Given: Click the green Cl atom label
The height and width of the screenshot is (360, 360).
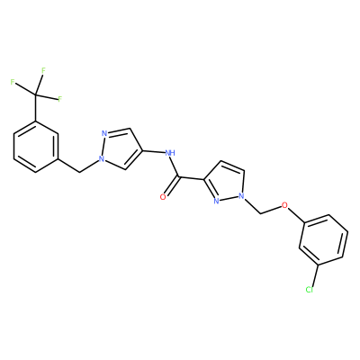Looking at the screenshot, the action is coord(309,290).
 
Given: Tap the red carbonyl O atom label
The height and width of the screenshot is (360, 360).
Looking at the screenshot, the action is coord(163,197).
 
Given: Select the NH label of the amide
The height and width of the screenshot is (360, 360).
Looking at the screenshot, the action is coord(170,153).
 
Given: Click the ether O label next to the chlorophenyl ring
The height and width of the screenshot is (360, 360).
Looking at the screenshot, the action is coord(284,205).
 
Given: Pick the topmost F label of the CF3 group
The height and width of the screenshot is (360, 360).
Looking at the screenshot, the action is coord(43,71).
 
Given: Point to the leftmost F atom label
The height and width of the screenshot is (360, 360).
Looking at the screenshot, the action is coord(13,82).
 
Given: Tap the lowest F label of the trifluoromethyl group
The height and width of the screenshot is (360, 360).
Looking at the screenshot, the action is coord(59,99).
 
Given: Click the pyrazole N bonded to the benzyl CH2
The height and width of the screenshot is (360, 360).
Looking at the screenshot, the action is coord(103,159).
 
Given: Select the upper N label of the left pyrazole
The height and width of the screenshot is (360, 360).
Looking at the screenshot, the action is coord(104,133).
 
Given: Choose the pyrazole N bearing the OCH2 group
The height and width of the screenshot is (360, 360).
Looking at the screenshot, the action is coord(241,197).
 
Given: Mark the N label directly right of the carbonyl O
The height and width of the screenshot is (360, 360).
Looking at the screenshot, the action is coord(216,202).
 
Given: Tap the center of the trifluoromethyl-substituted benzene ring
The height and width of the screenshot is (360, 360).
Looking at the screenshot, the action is coord(36,147).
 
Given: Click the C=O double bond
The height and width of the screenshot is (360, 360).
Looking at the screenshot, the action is coord(172,187).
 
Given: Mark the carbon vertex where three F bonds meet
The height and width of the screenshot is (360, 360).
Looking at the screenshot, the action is coord(36,95).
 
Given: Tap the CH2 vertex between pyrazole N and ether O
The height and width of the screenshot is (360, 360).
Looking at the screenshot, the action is coord(261,214).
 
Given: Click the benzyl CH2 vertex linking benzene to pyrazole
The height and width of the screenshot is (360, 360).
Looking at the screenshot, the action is coord(79,172).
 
